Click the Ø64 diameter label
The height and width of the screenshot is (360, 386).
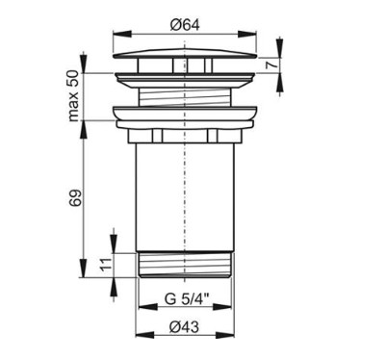(x=185, y=25)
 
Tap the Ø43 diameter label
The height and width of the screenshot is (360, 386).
(x=185, y=327)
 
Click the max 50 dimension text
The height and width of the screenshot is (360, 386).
(x=74, y=96)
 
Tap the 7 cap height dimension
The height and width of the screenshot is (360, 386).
(x=270, y=65)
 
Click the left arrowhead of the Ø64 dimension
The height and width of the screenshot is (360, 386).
(x=122, y=34)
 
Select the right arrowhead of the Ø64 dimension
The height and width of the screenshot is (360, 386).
(x=246, y=34)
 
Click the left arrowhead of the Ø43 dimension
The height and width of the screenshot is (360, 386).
(x=145, y=334)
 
